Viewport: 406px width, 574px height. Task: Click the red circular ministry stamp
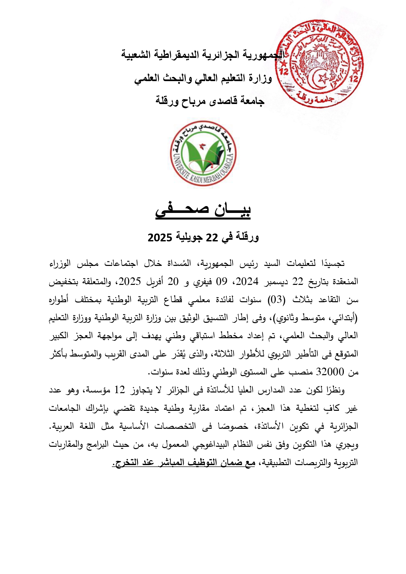coord(319,64)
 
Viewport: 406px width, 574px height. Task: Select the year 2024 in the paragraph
coord(247,281)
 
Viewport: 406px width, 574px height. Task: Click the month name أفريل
coord(154,282)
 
